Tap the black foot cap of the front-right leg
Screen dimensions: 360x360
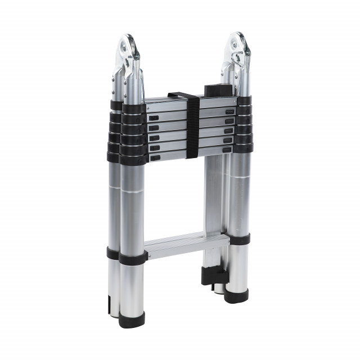[237, 295]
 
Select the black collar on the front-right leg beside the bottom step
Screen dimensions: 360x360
[239, 239]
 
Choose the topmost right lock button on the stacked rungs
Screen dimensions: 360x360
[228, 112]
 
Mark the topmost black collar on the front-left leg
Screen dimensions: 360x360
[134, 109]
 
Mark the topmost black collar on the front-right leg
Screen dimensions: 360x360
[245, 101]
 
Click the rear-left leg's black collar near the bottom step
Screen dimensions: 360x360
[113, 253]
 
